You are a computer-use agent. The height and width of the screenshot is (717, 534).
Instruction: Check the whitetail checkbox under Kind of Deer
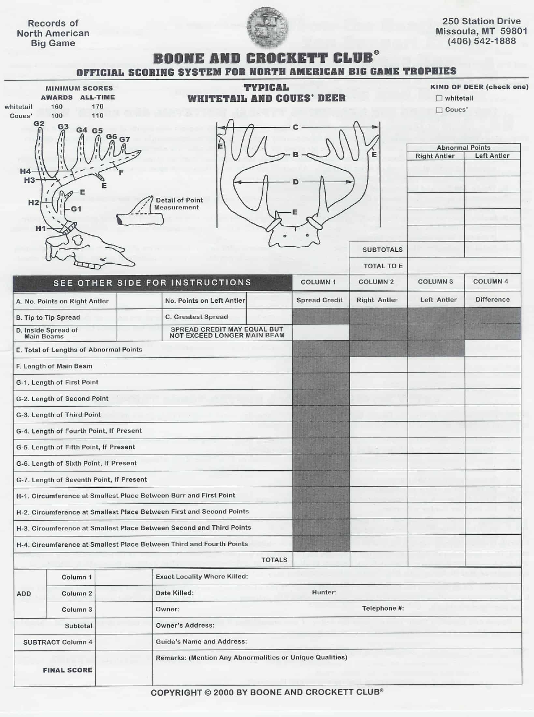click(x=439, y=98)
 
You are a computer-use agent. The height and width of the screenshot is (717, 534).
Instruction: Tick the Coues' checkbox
click(x=439, y=110)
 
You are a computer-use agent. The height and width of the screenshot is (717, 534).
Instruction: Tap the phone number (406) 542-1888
click(x=481, y=41)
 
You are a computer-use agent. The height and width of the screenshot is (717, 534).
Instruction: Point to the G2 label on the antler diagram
click(x=39, y=124)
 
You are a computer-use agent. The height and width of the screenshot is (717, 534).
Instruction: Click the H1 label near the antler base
click(x=41, y=228)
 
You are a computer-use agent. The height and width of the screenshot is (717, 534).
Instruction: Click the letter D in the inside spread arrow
click(x=295, y=182)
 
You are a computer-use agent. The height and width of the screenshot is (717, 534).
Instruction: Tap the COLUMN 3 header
click(x=435, y=282)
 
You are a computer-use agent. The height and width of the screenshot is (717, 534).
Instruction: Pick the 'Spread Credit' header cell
click(x=319, y=300)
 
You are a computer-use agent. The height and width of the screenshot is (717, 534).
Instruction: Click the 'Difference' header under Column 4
click(x=492, y=299)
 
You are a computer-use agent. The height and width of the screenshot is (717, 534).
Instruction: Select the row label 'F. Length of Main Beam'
click(x=54, y=366)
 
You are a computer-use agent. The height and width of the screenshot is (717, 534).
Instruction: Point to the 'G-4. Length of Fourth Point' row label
click(x=79, y=431)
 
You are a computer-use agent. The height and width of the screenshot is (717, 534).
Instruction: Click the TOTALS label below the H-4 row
click(x=274, y=560)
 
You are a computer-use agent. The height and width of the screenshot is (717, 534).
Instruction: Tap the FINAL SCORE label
click(x=67, y=670)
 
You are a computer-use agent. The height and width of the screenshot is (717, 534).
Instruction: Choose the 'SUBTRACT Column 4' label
click(x=58, y=642)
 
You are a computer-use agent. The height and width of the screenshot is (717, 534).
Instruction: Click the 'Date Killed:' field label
click(x=175, y=593)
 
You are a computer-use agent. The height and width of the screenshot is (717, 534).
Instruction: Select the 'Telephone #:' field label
click(x=383, y=608)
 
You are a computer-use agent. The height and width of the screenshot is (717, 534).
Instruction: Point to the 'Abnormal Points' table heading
click(x=463, y=147)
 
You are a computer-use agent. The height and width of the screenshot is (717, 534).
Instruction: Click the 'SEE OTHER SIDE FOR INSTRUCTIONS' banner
click(x=152, y=282)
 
